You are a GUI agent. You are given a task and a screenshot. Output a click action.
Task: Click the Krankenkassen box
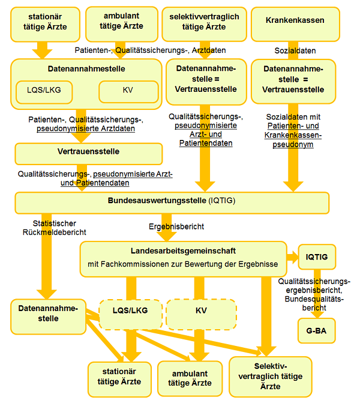click(x=295, y=20)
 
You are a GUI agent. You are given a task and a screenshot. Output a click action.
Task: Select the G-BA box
click(x=316, y=330)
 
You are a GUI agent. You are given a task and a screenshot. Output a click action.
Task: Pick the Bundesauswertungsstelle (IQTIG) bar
click(x=172, y=202)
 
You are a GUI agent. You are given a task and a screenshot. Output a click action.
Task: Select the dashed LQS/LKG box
click(x=130, y=311)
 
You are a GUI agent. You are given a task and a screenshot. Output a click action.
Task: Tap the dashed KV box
click(x=201, y=311)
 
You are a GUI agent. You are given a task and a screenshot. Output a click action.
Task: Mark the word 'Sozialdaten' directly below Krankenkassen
click(x=295, y=51)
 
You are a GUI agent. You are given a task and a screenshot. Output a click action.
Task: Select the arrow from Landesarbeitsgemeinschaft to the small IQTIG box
click(x=293, y=258)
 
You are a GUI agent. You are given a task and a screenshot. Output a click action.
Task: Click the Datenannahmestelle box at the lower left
click(x=47, y=313)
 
